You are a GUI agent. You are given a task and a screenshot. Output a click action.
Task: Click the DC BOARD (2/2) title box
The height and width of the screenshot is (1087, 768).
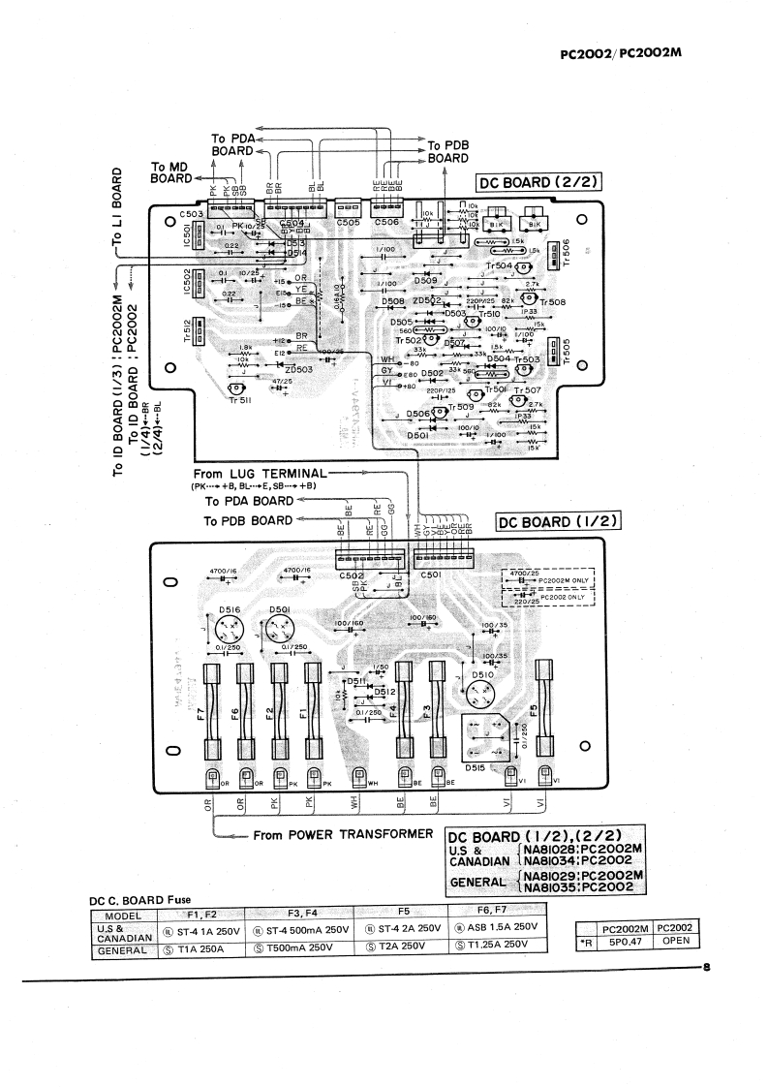click(537, 182)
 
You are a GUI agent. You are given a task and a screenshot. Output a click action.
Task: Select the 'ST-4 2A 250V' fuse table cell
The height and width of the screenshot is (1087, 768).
click(404, 927)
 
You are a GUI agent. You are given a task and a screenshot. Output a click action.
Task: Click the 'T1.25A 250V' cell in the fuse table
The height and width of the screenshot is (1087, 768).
click(492, 945)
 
